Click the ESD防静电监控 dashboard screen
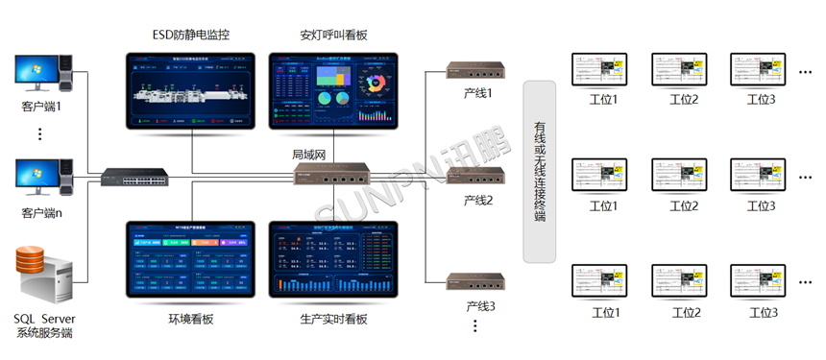(x=191, y=90)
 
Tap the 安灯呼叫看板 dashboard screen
(x=334, y=90)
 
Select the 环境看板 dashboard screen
(x=191, y=262)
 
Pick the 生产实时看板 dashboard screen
(x=334, y=262)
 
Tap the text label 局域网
(x=310, y=155)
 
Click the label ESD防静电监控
(x=191, y=36)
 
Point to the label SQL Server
(x=44, y=318)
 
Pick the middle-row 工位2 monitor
(x=683, y=178)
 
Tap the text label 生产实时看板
(x=333, y=319)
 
